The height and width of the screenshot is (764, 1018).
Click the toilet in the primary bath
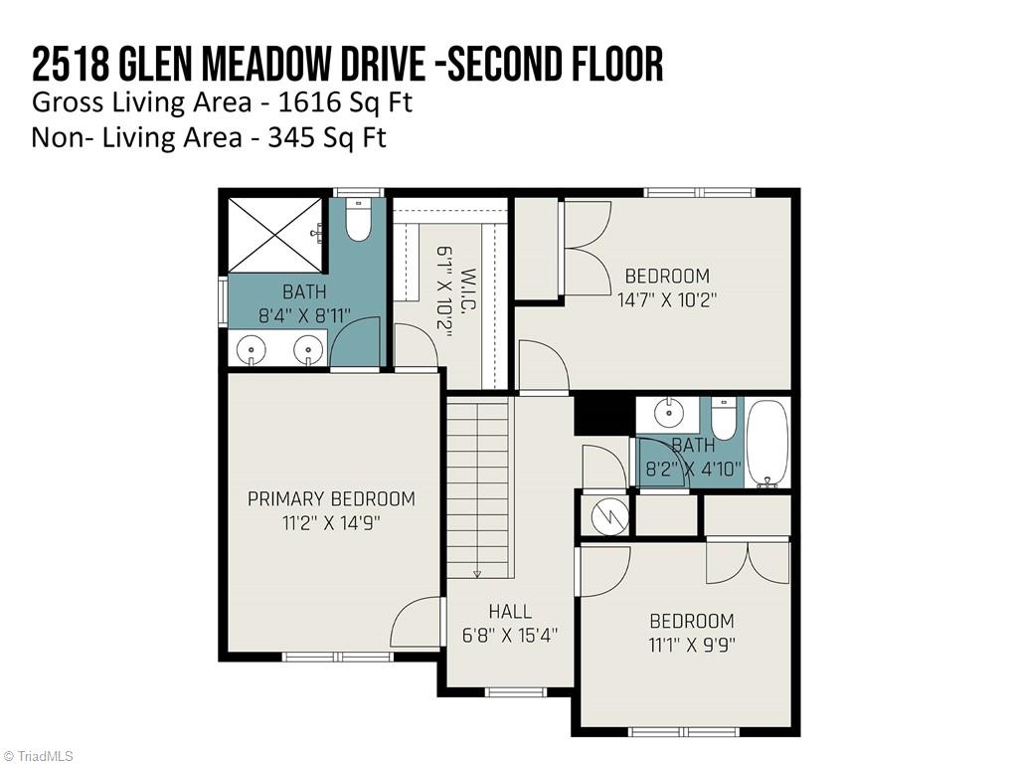click(x=359, y=221)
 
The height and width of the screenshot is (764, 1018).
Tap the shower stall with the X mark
click(x=275, y=235)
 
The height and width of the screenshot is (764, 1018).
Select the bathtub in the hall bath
click(x=767, y=443)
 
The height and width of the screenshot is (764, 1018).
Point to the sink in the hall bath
click(x=668, y=412)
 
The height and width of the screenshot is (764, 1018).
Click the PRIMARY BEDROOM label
click(x=331, y=498)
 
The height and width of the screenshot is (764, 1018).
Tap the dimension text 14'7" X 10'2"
click(x=667, y=298)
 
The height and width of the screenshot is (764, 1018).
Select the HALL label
click(x=510, y=612)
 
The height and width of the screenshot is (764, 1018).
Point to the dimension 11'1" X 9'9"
click(x=691, y=644)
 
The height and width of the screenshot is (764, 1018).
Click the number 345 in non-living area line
click(x=292, y=137)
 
